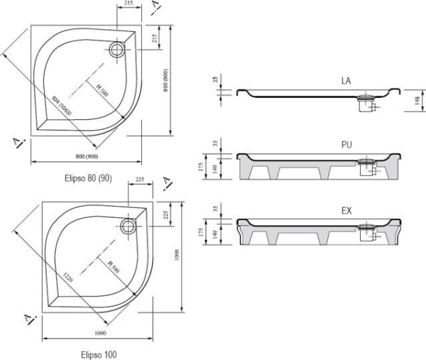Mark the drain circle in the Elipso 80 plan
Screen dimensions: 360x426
point(116,50)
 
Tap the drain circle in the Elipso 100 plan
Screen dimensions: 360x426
point(129,227)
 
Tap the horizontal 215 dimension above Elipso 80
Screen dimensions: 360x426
point(128,4)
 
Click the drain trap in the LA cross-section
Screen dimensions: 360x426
point(367,104)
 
